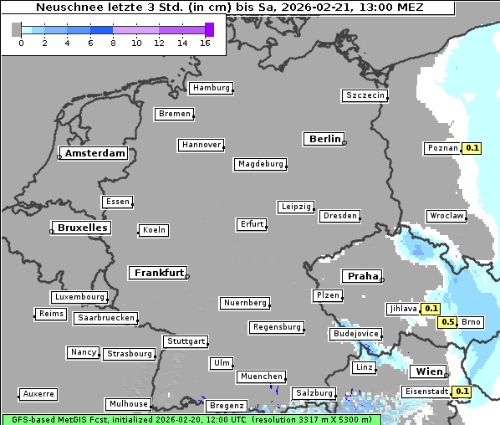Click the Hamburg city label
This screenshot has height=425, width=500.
210,88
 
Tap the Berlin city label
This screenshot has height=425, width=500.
324,139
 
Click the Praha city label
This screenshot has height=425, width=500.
362,276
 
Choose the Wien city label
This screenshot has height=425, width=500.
428,371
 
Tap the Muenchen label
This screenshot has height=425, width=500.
261,376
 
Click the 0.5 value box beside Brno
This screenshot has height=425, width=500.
447,322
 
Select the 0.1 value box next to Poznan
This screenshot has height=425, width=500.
472,148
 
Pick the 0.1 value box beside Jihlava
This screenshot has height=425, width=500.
431,309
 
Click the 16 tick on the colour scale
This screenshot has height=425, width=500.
205,42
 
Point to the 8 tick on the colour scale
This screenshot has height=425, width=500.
113,42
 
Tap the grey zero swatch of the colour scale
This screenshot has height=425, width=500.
17,29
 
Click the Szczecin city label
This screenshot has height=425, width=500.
365,95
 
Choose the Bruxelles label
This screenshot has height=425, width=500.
81,228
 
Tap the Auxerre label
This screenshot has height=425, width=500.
38,393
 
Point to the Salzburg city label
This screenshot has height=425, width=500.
314,393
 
